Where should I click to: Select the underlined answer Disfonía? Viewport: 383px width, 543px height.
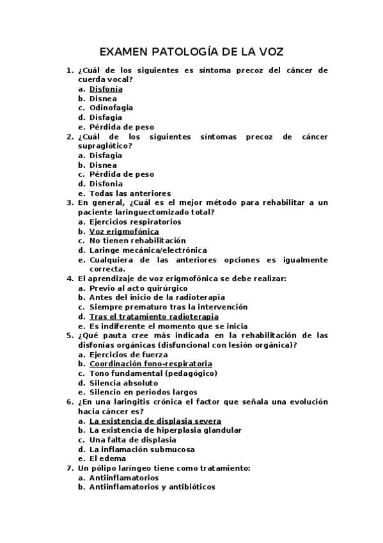(106, 89)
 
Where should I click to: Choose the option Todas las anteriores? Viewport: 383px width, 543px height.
(130, 193)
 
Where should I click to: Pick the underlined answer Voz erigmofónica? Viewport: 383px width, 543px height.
(124, 231)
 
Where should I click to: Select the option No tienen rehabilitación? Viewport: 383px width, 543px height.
(132, 241)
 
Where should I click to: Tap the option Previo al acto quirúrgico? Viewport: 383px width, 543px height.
(135, 288)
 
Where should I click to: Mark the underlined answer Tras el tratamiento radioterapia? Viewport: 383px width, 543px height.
(153, 316)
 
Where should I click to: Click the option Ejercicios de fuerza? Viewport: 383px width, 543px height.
(129, 354)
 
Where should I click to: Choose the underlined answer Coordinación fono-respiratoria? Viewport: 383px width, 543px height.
(150, 364)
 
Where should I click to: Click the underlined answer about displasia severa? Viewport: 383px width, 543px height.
(155, 421)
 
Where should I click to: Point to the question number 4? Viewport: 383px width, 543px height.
(70, 279)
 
